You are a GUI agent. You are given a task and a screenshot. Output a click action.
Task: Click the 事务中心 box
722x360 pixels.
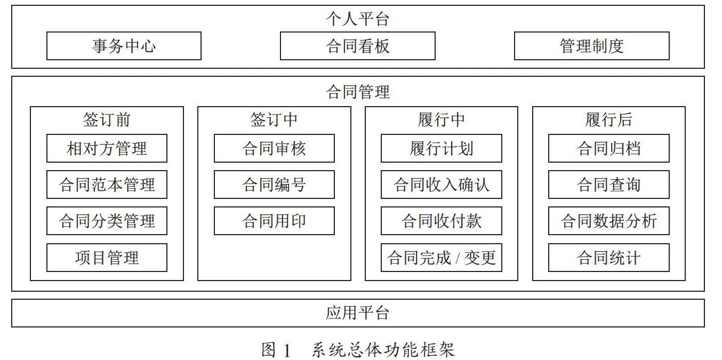tap(124, 46)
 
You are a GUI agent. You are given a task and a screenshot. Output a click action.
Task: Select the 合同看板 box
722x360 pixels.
tap(357, 46)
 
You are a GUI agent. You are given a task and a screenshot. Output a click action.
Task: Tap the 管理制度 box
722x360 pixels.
tap(591, 46)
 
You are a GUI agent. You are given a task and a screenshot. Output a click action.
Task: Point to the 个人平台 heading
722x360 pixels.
tap(357, 19)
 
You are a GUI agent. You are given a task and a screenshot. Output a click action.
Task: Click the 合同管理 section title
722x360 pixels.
tap(357, 92)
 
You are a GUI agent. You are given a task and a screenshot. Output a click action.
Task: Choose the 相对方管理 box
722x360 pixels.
tap(107, 148)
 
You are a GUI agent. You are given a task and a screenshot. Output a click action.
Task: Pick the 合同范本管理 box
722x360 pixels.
tap(107, 185)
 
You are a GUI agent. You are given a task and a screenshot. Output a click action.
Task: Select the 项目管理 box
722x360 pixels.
tap(107, 258)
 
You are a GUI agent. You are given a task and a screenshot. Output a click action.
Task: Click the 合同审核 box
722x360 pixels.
tap(274, 148)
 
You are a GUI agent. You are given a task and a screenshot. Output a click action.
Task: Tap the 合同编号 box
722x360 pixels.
tap(274, 185)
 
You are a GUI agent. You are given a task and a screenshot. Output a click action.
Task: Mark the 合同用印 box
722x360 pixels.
tap(274, 221)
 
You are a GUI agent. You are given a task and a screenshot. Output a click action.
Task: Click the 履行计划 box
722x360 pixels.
tap(442, 148)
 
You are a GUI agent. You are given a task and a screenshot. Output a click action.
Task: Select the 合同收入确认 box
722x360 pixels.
tap(442, 185)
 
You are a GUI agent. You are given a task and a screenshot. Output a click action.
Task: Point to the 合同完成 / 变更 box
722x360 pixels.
tap(442, 258)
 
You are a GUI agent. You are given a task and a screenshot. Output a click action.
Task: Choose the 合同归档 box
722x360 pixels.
tap(608, 148)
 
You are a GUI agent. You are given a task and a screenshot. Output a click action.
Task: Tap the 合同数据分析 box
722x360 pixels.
tap(608, 221)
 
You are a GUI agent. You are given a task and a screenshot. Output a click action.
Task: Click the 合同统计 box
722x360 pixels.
tap(608, 258)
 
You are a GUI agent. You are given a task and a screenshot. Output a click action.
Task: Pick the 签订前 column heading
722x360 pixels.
tap(107, 120)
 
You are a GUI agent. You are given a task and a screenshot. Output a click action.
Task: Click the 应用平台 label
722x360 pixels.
tap(357, 313)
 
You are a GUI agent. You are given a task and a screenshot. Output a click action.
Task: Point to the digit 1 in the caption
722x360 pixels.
tap(286, 350)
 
